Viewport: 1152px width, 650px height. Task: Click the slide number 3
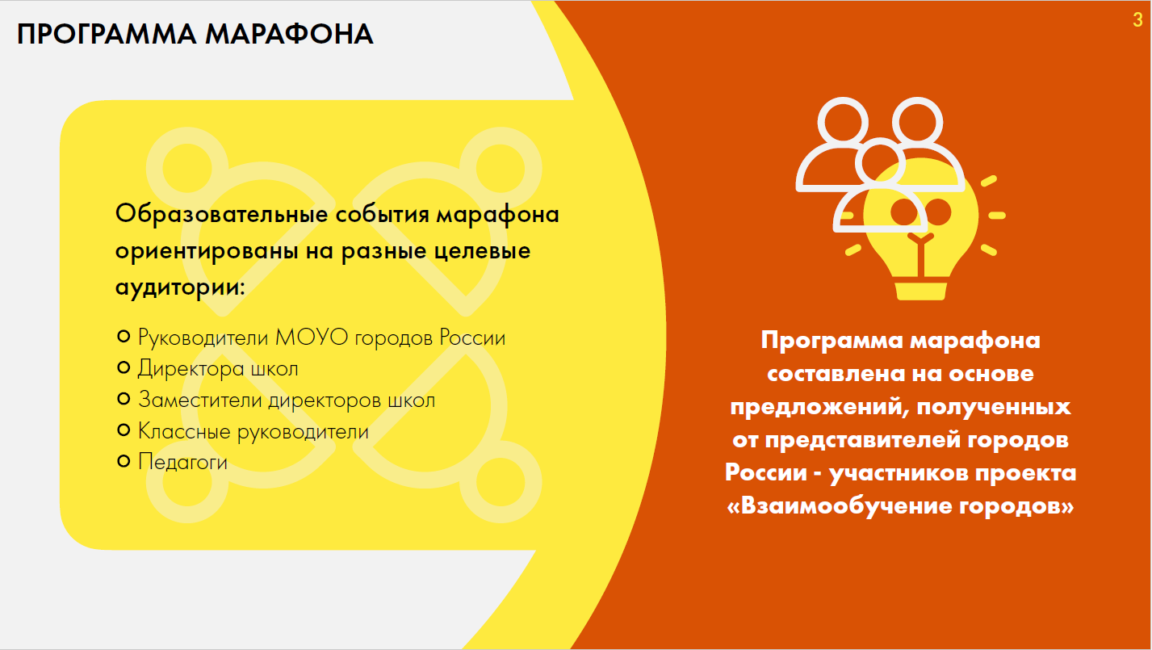[1137, 19]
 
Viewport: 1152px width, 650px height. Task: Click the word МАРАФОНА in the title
[289, 35]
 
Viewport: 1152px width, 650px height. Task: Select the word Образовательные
[222, 214]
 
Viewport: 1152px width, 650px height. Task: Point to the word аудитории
[180, 287]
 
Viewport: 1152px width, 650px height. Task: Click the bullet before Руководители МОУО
[124, 337]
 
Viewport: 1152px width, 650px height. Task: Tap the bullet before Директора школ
[124, 367]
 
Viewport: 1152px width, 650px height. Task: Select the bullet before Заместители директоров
[124, 399]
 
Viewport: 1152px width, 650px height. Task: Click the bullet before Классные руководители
[124, 430]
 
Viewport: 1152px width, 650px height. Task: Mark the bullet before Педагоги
[124, 461]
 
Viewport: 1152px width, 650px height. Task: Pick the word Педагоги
[182, 463]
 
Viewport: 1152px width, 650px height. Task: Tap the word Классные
[184, 431]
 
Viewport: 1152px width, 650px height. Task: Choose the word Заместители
[200, 400]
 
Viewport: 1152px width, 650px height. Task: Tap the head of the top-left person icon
[843, 123]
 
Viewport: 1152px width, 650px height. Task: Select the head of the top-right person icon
[918, 123]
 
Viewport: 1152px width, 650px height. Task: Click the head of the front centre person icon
[881, 162]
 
